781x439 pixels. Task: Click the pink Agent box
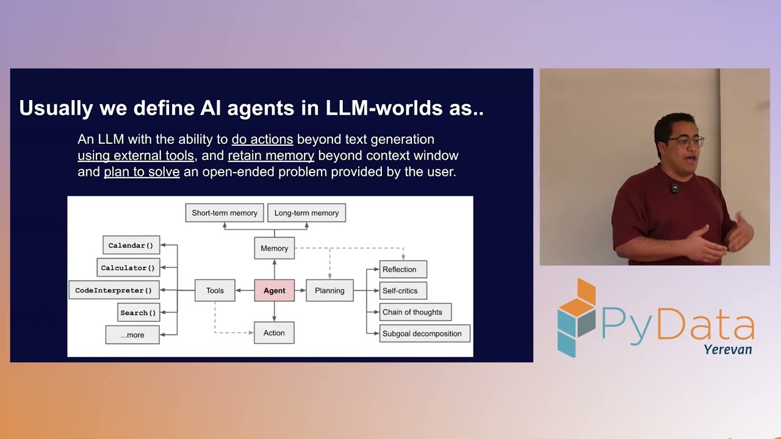[x=274, y=291]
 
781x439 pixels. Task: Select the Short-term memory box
[x=225, y=213]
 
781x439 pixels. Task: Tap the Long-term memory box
[x=306, y=213]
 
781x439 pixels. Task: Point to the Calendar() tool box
[x=131, y=245]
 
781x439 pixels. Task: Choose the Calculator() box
[x=128, y=268]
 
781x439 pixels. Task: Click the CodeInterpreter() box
[x=113, y=290]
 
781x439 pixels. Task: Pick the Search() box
[x=139, y=313]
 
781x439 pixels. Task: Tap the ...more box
[x=132, y=335]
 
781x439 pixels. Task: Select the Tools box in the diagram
[x=215, y=291]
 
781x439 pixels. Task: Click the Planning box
[x=329, y=291]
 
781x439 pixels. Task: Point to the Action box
[x=274, y=333]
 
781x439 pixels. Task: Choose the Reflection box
[x=403, y=269]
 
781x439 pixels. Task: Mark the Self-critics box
[x=403, y=291]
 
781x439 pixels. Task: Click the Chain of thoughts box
[x=415, y=312]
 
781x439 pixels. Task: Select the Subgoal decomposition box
[x=424, y=334]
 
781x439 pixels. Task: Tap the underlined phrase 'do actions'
[x=262, y=140]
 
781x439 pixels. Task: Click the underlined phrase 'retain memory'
[x=271, y=155]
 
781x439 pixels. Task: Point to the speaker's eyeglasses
[x=686, y=141]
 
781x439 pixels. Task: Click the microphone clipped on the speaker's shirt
[x=674, y=188]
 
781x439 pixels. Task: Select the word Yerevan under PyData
[x=727, y=350]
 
